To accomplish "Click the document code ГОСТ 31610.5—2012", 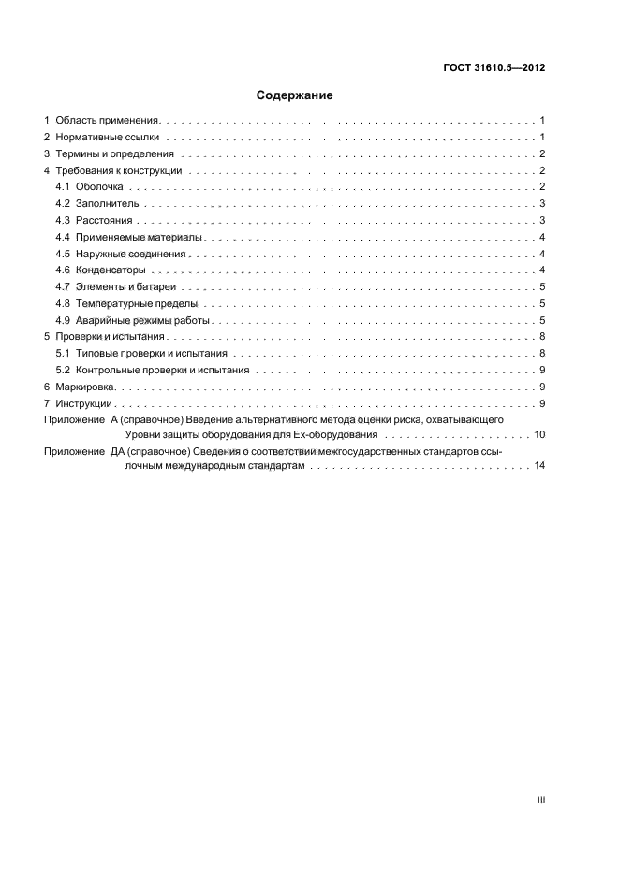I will click(493, 68).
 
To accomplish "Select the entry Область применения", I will click(109, 121).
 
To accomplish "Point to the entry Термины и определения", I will click(115, 153).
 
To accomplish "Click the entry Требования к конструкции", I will click(119, 170).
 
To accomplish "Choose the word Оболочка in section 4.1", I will click(99, 187).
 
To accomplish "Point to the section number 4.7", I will click(63, 286).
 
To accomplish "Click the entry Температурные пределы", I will click(136, 303).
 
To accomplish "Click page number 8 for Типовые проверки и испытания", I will click(542, 353).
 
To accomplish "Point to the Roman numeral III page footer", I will click(540, 800).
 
